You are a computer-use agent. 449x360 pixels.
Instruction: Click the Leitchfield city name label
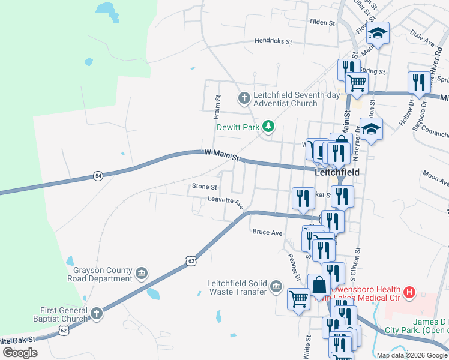(337, 172)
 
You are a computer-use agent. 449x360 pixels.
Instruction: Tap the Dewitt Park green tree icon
(269, 126)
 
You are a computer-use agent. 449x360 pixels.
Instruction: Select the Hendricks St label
(273, 42)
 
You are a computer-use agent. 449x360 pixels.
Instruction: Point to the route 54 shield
(97, 176)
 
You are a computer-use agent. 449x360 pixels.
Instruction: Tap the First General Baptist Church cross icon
(97, 314)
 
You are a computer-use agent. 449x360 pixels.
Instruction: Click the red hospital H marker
(409, 292)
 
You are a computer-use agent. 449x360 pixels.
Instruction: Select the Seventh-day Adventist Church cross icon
(244, 97)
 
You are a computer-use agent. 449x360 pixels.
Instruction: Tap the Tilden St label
(321, 22)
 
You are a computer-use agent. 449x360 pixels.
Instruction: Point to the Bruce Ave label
(267, 232)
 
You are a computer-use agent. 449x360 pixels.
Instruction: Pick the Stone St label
(203, 187)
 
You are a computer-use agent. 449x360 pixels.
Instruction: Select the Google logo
(20, 352)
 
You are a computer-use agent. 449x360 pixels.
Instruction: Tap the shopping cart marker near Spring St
(357, 82)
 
